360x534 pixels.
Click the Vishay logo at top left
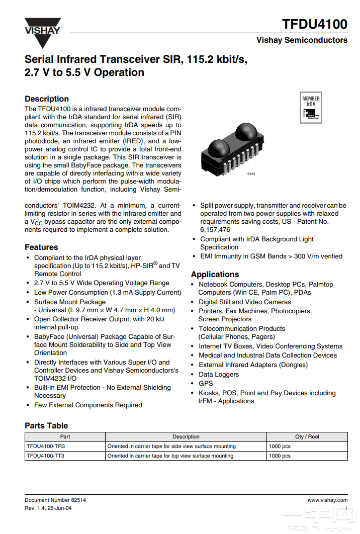click(42, 32)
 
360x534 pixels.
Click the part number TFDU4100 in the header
click(314, 24)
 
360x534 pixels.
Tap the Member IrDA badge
click(311, 107)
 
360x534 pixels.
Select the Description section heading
click(47, 99)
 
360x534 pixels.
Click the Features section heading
click(41, 247)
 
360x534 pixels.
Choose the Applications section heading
click(215, 275)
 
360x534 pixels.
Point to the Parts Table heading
click(46, 426)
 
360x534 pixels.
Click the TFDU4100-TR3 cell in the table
click(46, 447)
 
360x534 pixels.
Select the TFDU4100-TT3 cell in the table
click(46, 456)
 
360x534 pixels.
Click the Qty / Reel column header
click(307, 437)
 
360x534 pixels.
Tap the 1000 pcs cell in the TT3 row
click(280, 456)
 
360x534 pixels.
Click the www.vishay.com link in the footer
click(327, 500)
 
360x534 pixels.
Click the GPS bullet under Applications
click(206, 384)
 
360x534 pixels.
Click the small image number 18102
click(250, 174)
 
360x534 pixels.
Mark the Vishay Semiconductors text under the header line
click(302, 40)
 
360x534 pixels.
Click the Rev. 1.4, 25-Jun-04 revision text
click(48, 508)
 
